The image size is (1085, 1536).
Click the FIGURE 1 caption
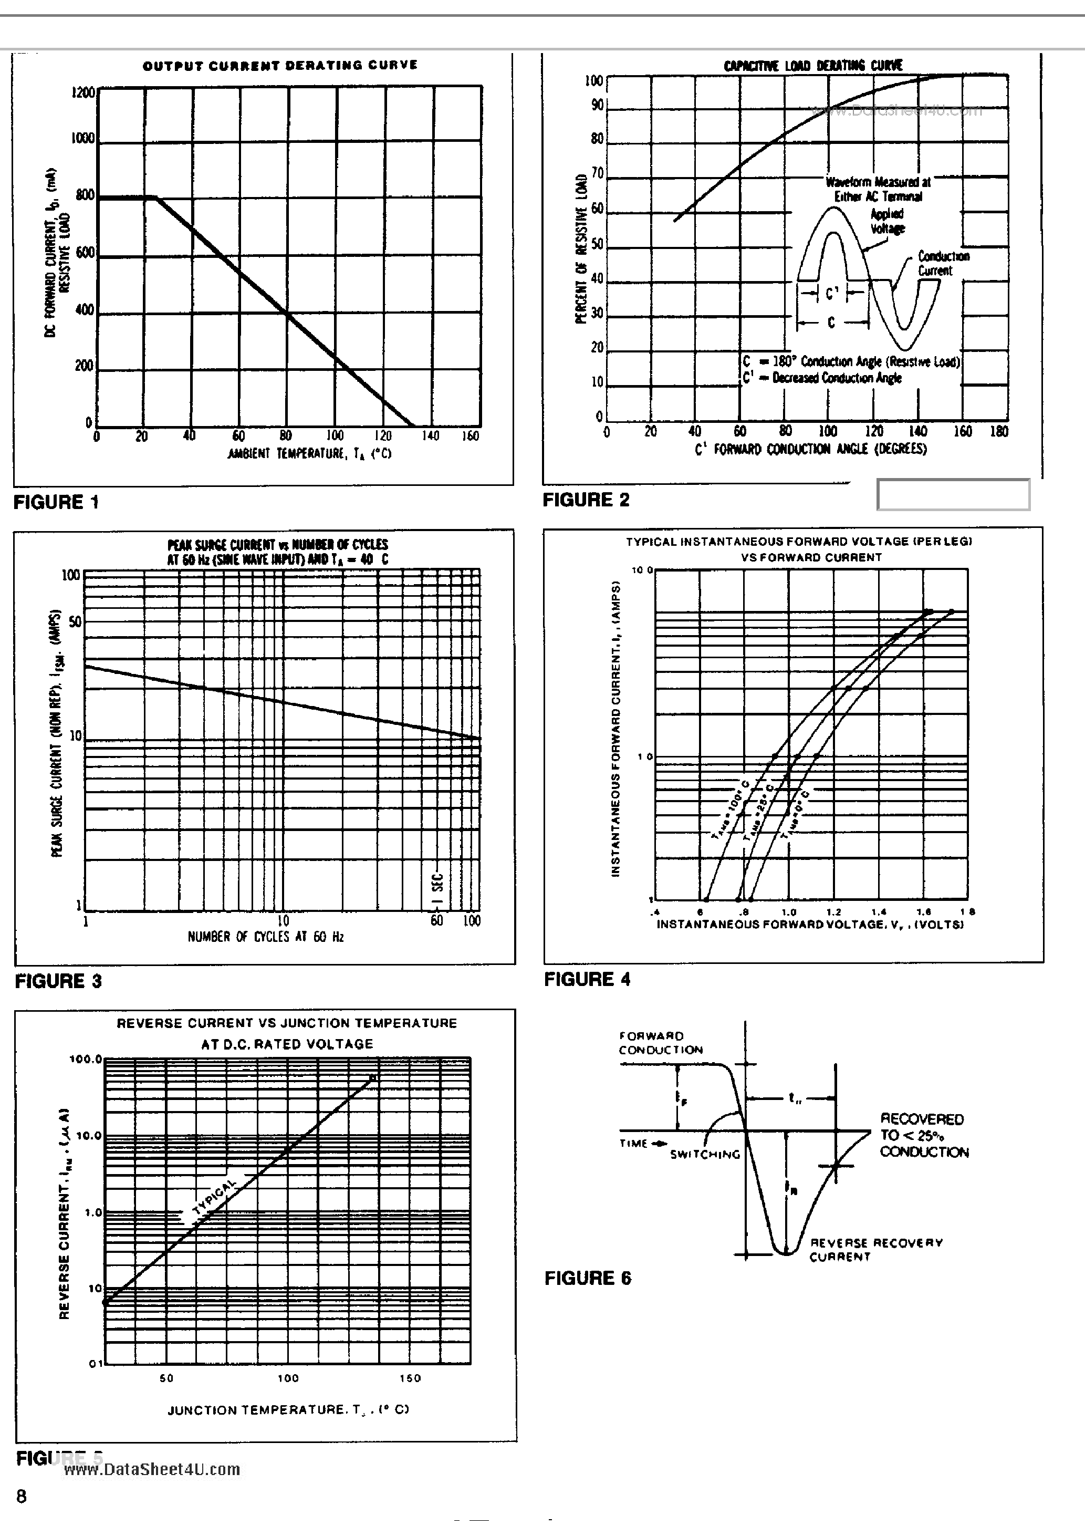(56, 502)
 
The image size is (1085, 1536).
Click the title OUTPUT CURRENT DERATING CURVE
(280, 65)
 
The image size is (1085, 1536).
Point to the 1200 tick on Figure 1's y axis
(84, 92)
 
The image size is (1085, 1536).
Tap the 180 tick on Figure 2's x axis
(998, 431)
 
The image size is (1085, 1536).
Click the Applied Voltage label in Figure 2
(887, 221)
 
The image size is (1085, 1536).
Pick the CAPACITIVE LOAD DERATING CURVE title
(813, 66)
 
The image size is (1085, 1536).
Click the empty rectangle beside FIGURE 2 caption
(953, 495)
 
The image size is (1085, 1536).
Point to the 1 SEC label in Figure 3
(437, 887)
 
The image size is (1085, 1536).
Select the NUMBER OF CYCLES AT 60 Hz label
(266, 937)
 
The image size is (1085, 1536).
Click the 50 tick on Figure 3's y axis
(74, 622)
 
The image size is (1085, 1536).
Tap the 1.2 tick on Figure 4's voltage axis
(833, 912)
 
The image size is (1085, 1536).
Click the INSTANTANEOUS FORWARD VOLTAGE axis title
(810, 925)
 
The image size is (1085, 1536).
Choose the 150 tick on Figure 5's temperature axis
(410, 1378)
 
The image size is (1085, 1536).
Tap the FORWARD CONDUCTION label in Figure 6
(660, 1043)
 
